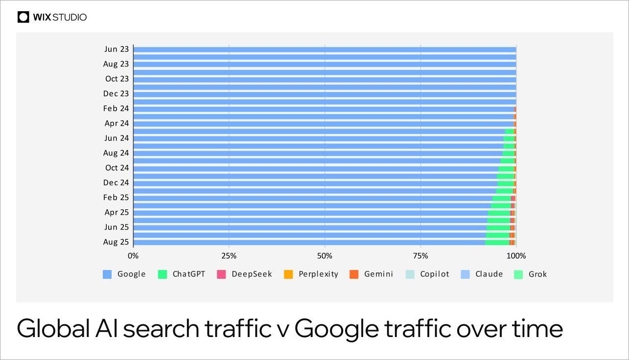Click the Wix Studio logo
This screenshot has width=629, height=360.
click(x=52, y=17)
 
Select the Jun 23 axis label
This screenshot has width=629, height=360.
click(x=116, y=49)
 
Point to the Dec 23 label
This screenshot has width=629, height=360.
click(x=116, y=93)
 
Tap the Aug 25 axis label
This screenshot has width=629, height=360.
click(x=116, y=242)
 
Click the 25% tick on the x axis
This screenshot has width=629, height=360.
click(x=229, y=256)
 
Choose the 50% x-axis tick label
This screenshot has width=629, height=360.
click(x=325, y=256)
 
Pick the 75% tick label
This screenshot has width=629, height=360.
click(x=420, y=256)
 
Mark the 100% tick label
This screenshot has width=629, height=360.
click(x=516, y=256)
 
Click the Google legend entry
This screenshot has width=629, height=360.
click(x=124, y=274)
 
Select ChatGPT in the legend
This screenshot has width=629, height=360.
click(x=182, y=274)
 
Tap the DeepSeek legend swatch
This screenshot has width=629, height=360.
click(x=221, y=274)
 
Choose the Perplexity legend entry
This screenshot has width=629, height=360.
click(x=311, y=274)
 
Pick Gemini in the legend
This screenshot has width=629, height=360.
click(x=372, y=274)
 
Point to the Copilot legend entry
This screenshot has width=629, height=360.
click(x=427, y=274)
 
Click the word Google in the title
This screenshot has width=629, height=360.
click(x=336, y=329)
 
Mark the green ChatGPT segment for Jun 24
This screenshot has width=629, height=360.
click(x=509, y=138)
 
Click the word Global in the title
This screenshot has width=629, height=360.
click(x=53, y=329)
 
